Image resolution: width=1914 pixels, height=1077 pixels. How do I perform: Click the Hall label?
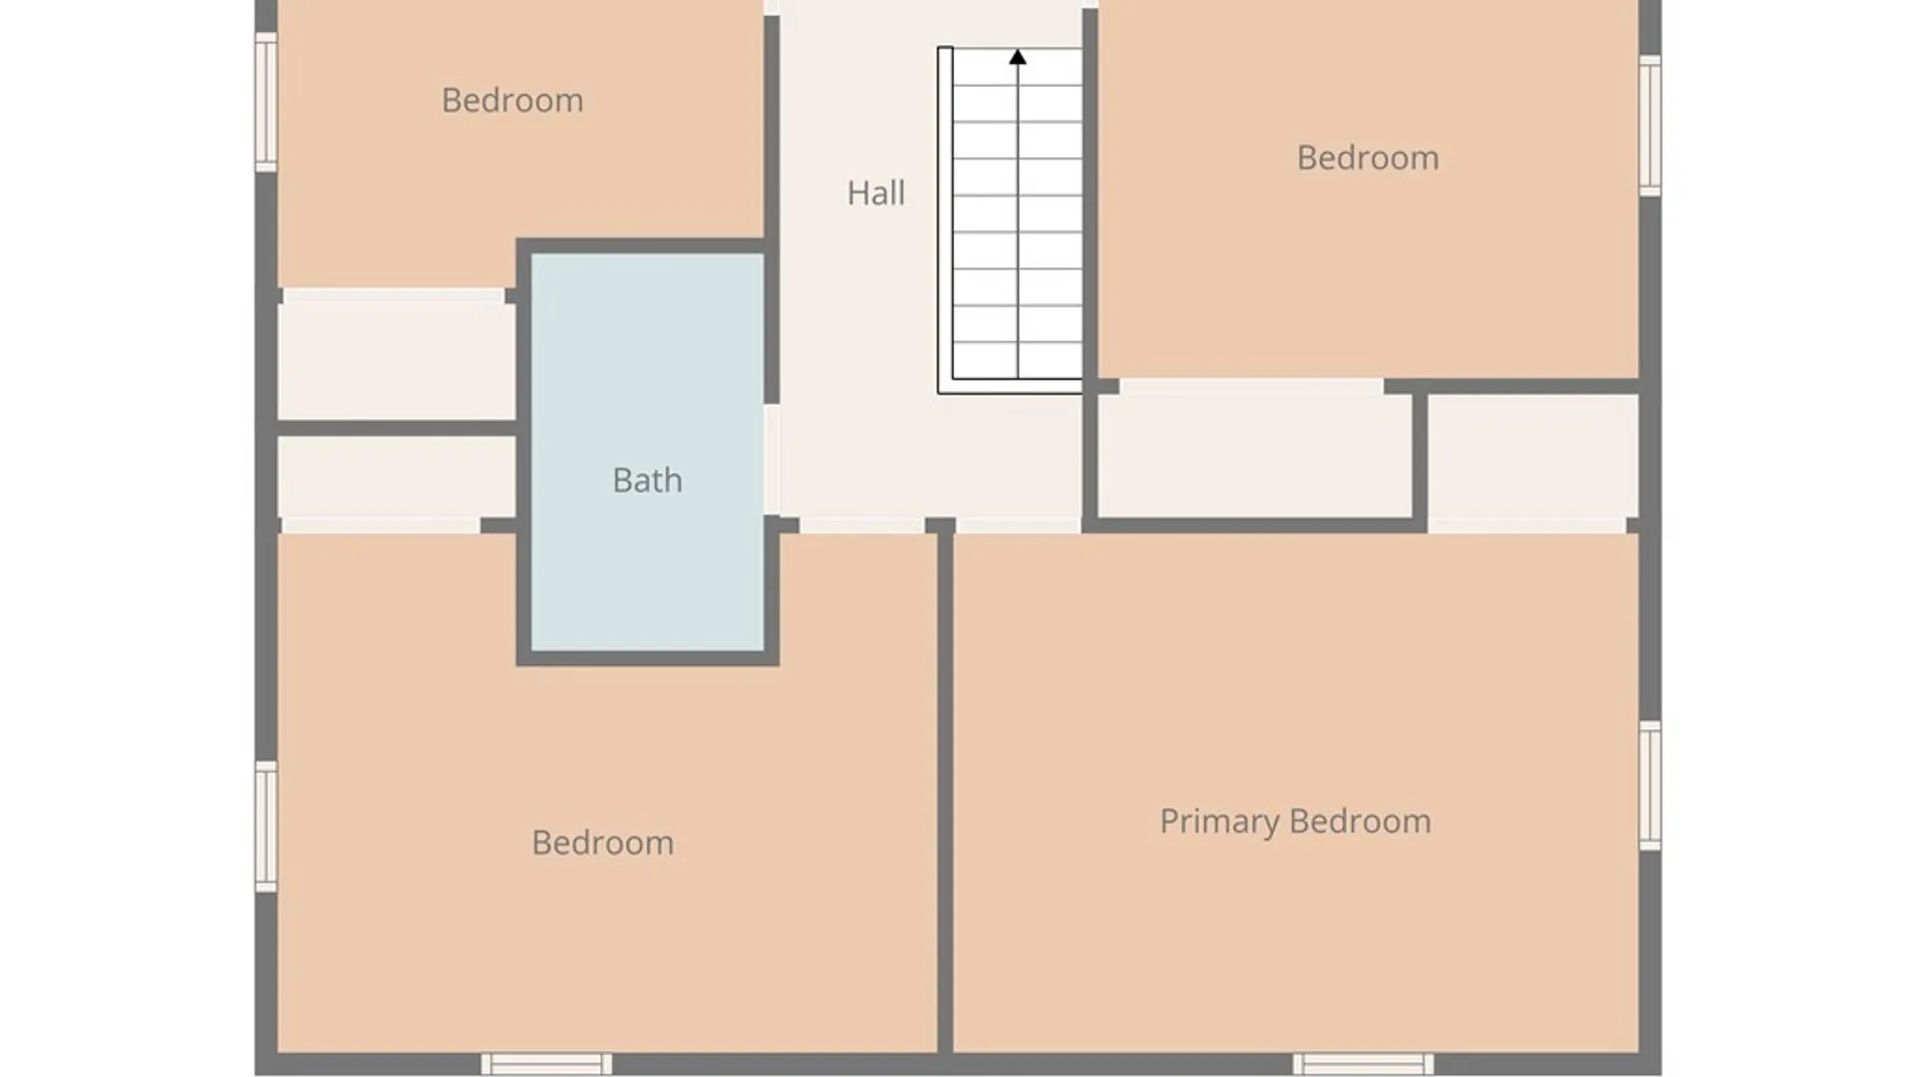[875, 192]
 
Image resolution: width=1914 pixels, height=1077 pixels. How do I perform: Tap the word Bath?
[647, 480]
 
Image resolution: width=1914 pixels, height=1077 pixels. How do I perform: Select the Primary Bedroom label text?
[1295, 822]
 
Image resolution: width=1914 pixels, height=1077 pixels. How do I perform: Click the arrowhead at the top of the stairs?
[1017, 57]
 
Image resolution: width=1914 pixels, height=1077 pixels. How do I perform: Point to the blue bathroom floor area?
[647, 452]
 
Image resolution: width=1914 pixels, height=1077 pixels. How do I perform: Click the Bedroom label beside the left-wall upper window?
[512, 100]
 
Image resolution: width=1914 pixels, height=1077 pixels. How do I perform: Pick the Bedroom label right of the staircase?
[1368, 158]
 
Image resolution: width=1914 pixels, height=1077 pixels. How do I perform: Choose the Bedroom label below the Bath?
[602, 843]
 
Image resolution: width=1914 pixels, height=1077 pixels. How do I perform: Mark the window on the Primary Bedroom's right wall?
[1650, 786]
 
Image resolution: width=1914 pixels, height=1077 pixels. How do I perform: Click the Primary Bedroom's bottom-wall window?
[1363, 1063]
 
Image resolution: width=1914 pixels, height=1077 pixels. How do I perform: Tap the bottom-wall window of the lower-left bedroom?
[546, 1063]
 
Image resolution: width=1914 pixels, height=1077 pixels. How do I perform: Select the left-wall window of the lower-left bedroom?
[266, 826]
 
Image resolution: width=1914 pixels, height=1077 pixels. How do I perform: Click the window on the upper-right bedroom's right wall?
[1650, 125]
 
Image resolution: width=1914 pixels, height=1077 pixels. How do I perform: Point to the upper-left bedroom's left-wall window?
[266, 102]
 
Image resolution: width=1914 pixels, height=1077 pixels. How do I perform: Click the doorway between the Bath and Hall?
[772, 460]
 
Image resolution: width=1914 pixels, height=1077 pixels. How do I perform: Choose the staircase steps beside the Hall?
[1017, 214]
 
